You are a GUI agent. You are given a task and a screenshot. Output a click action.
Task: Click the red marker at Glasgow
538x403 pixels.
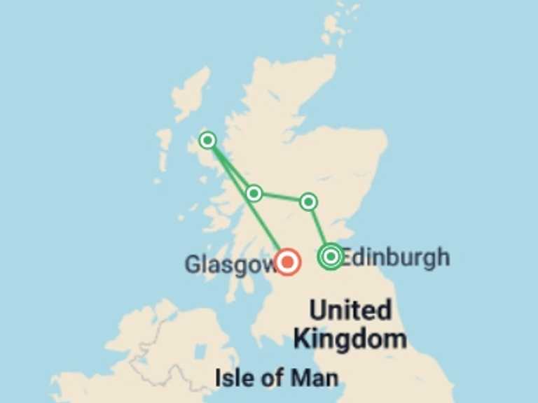287,262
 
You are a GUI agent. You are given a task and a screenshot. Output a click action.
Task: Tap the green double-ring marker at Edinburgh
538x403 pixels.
330,257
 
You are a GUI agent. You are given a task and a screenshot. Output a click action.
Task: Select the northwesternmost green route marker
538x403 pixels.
207,141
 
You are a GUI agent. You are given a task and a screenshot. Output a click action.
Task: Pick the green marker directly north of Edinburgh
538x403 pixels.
308,202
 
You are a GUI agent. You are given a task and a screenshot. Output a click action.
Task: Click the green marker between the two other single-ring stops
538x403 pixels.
254,193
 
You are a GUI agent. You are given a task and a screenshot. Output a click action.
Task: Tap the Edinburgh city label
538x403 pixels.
396,257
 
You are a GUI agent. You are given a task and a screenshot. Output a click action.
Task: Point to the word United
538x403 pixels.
350,310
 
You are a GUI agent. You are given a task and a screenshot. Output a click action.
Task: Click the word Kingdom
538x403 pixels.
350,339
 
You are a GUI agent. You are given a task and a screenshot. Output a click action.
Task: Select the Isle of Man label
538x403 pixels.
277,379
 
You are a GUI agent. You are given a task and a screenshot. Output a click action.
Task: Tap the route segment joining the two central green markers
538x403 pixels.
281,197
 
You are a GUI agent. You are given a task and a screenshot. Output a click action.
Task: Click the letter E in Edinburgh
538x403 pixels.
347,257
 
